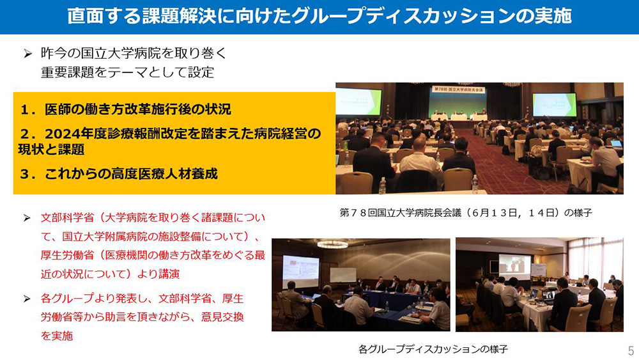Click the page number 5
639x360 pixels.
coord(631,350)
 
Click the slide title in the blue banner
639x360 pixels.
coord(319,17)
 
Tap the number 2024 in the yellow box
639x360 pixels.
coord(69,134)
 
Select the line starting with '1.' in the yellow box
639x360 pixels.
coord(125,109)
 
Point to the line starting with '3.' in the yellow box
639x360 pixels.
coord(119,174)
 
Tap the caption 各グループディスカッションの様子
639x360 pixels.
coord(433,349)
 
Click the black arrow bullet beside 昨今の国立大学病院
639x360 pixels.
coord(27,54)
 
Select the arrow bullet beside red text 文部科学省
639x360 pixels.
coord(27,218)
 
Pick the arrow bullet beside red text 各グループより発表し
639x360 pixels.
coord(27,299)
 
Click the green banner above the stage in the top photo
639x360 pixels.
coord(458,90)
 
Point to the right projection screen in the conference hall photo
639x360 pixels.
coord(555,106)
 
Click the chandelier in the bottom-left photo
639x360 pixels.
coord(332,245)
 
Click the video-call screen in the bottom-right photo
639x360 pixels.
coord(515,267)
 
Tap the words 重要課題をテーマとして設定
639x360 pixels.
coord(128,72)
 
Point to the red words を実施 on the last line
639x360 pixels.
coord(57,336)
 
